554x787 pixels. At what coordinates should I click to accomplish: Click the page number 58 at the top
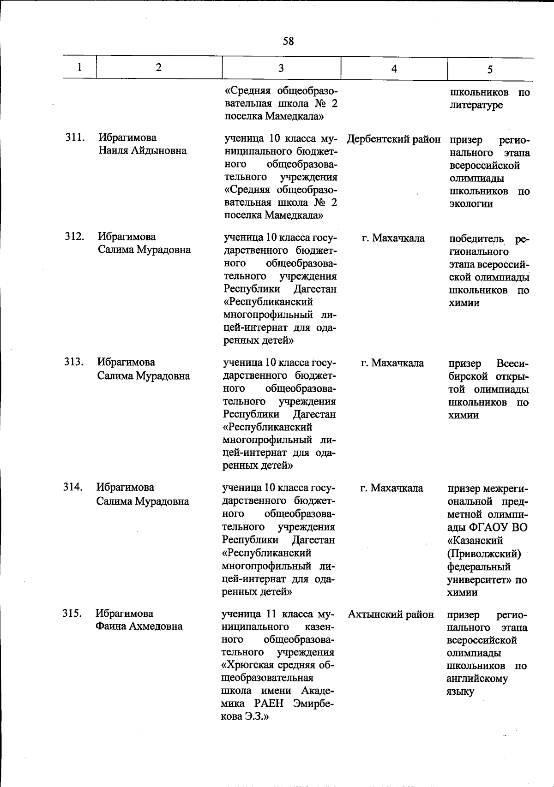288,42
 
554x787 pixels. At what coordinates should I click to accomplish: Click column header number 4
394,69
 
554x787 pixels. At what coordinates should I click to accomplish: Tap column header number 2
159,67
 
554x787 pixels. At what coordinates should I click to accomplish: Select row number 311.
74,137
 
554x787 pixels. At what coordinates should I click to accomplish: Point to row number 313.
74,362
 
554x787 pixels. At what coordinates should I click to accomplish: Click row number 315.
72,613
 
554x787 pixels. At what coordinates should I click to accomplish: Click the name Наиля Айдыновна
142,150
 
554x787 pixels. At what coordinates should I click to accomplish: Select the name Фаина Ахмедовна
139,626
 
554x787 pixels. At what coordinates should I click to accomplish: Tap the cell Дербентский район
393,139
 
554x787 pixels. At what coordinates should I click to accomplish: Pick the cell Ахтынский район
391,614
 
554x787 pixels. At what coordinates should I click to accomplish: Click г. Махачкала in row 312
393,238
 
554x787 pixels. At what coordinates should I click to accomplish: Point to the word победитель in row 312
476,239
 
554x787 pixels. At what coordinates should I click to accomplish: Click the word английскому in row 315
477,679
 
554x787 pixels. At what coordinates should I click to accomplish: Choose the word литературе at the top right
476,106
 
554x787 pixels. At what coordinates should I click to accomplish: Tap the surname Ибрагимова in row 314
125,488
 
